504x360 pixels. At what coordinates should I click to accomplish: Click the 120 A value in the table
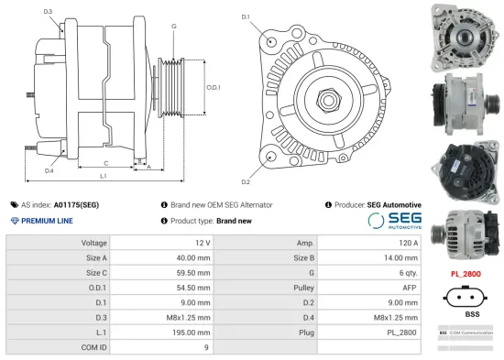(409, 243)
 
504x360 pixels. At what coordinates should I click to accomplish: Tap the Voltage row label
(94, 243)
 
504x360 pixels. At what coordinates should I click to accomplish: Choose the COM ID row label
(93, 347)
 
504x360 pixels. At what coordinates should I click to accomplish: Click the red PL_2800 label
(466, 273)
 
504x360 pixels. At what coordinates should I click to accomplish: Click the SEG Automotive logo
(393, 221)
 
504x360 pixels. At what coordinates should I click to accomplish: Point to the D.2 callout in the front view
(246, 170)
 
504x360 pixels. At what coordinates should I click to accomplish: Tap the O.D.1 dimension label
(213, 87)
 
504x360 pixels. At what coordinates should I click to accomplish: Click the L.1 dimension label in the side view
(104, 175)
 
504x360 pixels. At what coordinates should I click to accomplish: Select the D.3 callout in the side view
(48, 11)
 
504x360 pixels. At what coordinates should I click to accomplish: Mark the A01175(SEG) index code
(76, 205)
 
